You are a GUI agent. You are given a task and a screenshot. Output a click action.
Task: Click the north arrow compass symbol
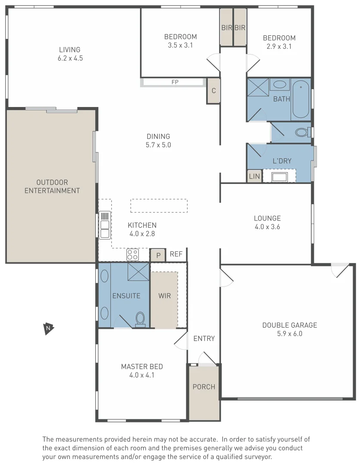point(49,329)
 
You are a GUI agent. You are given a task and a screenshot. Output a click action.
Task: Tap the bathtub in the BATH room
point(301,99)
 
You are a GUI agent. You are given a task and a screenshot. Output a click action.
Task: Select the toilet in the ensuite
point(140,319)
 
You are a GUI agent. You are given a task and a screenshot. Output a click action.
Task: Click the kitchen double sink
point(104,225)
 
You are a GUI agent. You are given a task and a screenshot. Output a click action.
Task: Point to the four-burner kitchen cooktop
point(132,255)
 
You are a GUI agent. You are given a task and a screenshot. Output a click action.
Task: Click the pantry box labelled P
point(158,255)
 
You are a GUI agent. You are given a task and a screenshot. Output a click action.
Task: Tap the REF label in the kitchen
point(176,255)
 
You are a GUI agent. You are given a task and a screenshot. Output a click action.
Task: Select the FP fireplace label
point(175,82)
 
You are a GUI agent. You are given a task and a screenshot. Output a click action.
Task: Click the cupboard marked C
point(213,91)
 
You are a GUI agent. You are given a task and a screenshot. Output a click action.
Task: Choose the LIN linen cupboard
point(254,176)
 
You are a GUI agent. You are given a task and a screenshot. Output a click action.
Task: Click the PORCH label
point(203,387)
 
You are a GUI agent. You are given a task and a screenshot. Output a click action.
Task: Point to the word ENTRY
point(204,338)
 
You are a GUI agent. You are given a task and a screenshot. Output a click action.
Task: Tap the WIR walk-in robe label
point(164,296)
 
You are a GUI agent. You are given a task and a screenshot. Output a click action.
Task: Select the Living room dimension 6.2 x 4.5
point(70,58)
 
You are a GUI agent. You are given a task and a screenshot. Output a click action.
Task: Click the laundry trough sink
point(279,176)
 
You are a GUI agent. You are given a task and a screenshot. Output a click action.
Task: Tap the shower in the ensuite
point(138,271)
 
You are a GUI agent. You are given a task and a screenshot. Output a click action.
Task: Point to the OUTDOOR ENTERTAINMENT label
point(52,186)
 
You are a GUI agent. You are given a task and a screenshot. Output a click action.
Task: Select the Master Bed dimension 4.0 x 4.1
point(142,375)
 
